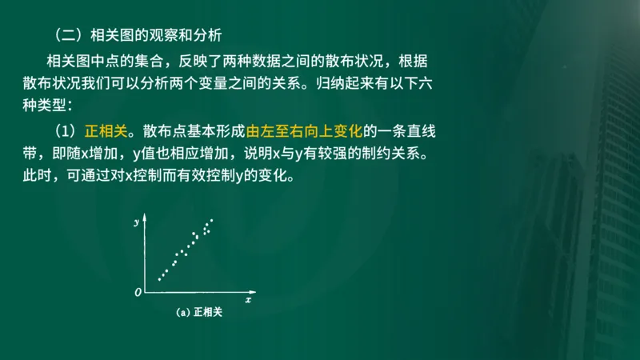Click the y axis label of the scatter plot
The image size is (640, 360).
138,219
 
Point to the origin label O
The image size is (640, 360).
138,294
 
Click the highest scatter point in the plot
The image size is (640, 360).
212,220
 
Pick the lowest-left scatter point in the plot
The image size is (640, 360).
159,279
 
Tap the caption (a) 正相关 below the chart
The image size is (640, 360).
198,313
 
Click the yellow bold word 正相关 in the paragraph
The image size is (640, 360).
106,130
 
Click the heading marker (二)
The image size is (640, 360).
66,35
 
